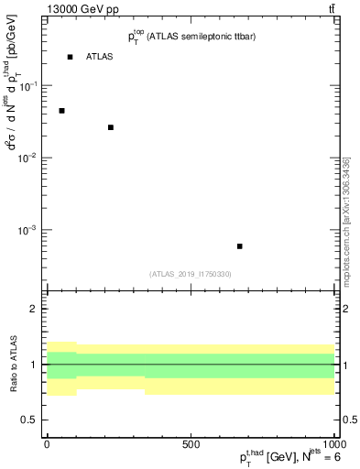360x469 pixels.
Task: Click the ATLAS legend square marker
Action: [x=70, y=57]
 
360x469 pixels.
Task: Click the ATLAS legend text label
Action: [x=100, y=57]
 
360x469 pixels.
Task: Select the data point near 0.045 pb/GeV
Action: [x=61, y=111]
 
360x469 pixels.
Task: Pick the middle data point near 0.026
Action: [x=111, y=127]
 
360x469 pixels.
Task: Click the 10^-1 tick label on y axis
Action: [x=28, y=86]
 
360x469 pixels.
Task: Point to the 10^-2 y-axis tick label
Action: [x=28, y=158]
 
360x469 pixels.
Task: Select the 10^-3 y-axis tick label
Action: [x=28, y=230]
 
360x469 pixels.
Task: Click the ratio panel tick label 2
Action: [x=36, y=310]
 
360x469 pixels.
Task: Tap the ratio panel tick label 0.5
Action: [x=31, y=420]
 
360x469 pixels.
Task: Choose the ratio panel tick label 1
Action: [x=36, y=365]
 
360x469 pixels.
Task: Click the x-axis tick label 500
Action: [x=191, y=443]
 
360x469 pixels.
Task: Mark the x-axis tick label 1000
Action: [x=332, y=443]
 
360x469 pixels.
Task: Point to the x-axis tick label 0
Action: [x=47, y=443]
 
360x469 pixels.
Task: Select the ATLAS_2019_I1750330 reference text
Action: [x=191, y=274]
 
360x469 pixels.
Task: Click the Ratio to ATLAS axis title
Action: [x=13, y=365]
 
